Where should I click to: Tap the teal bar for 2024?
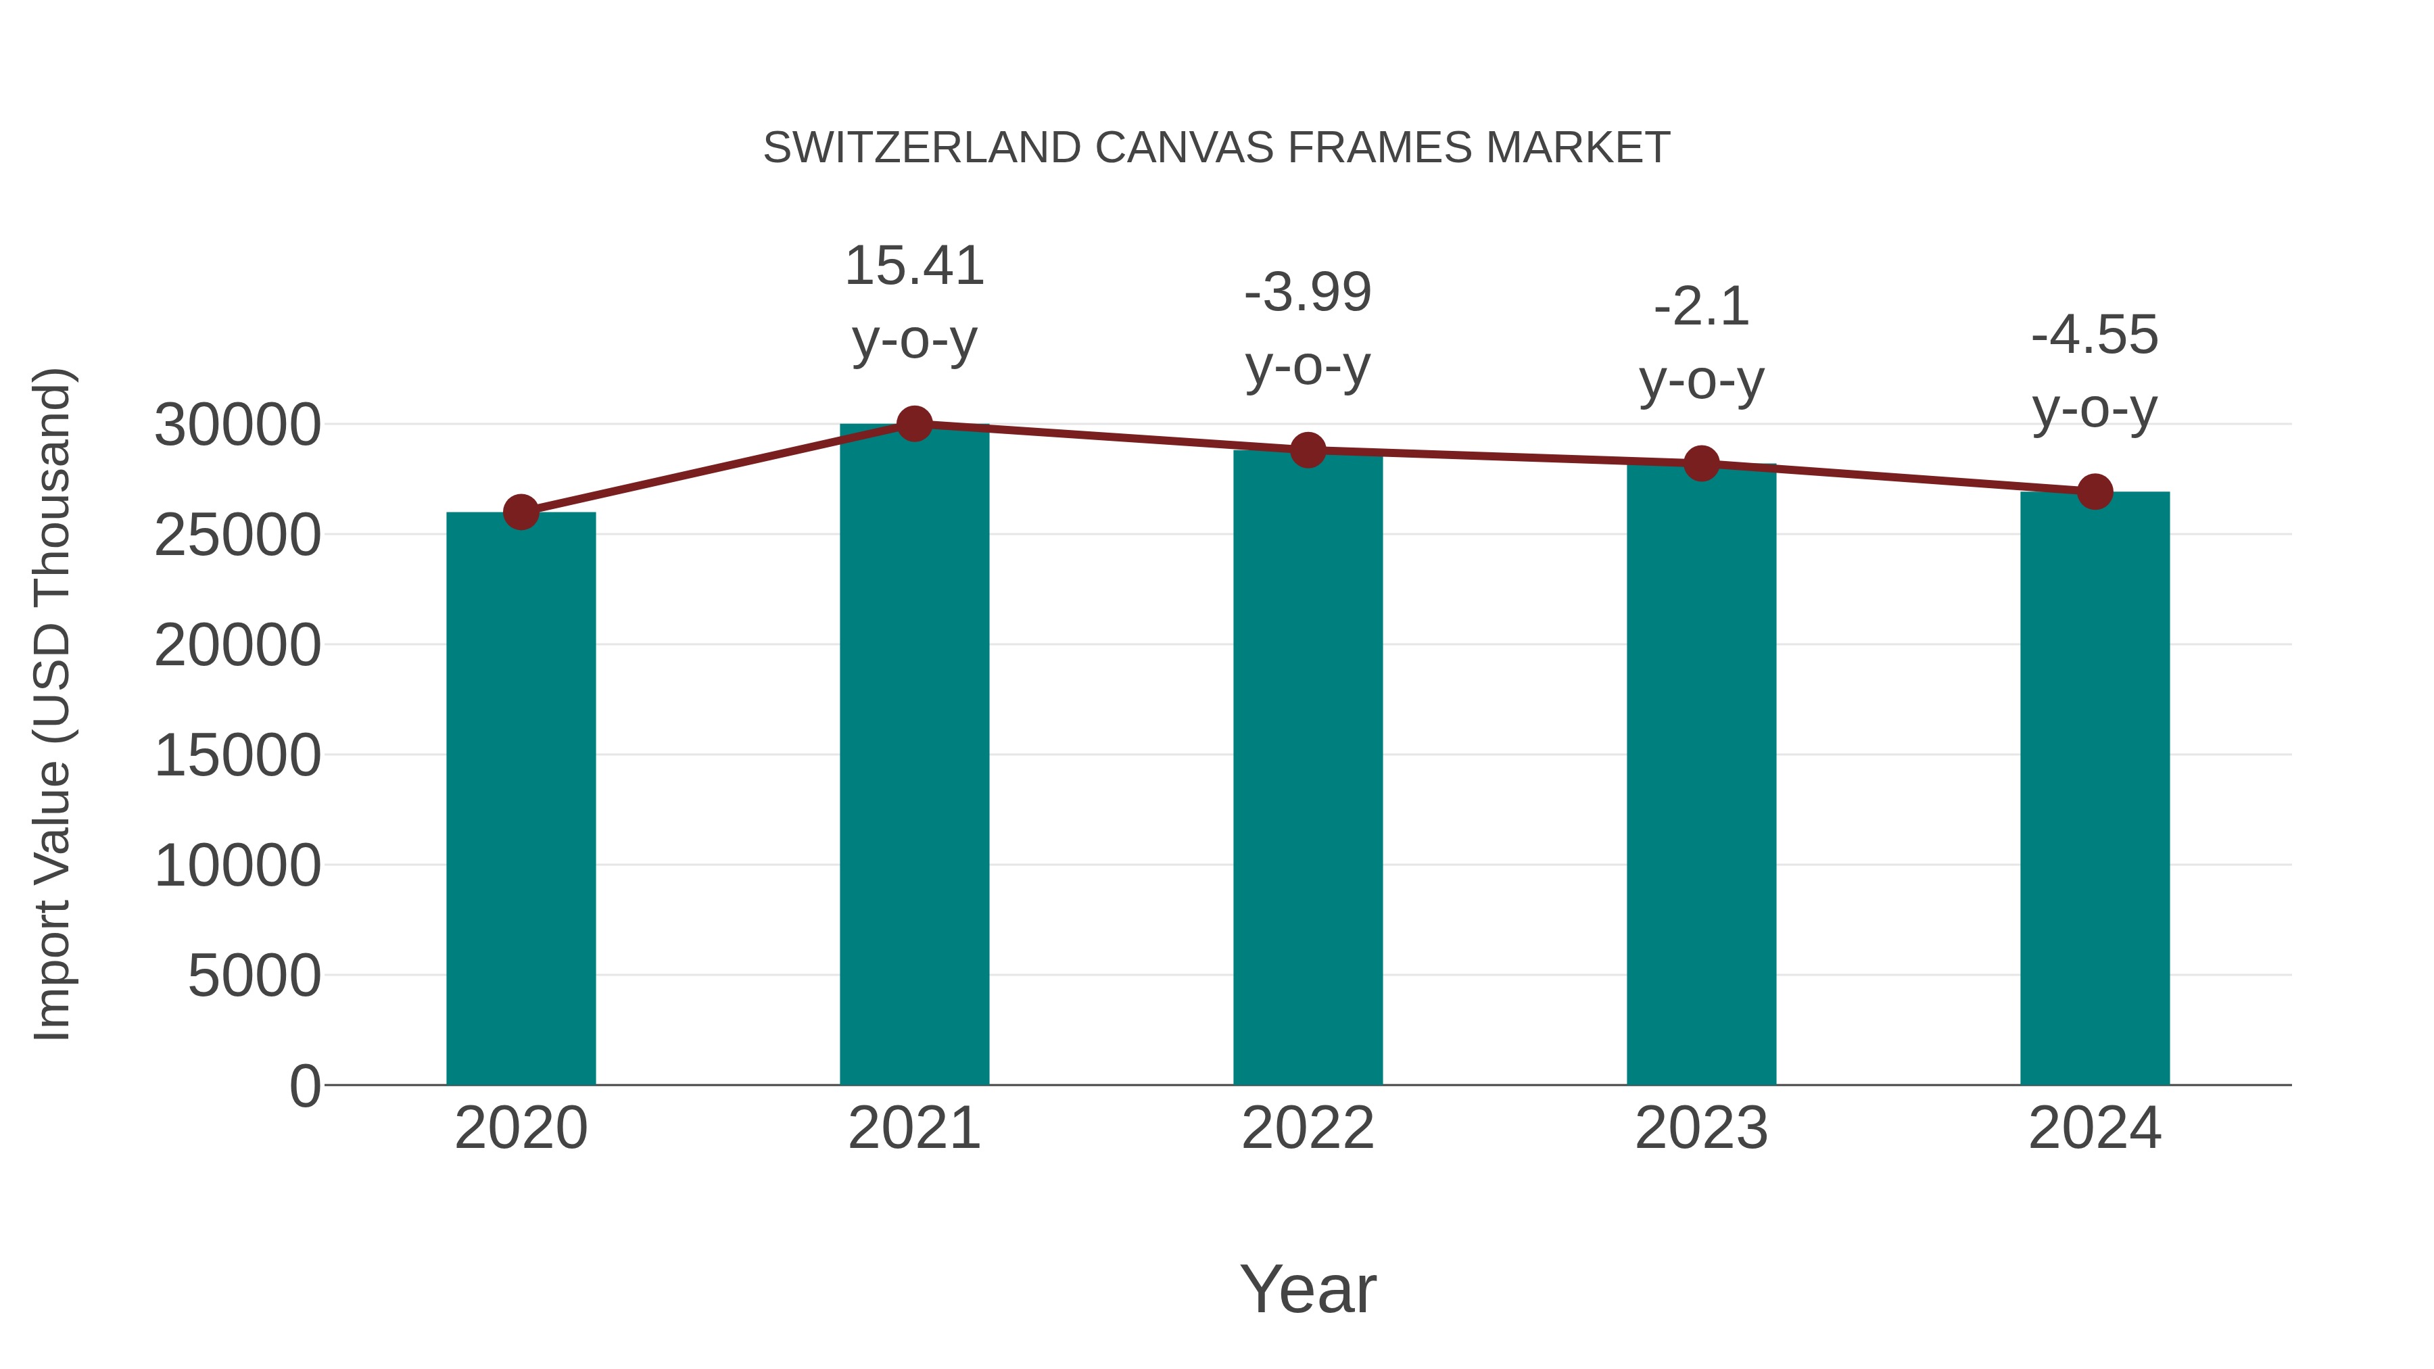(x=2095, y=788)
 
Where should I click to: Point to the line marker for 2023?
(x=1701, y=463)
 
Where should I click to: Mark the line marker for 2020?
(x=521, y=512)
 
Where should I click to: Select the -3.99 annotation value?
(x=1308, y=292)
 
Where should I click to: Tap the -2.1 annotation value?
(x=1701, y=307)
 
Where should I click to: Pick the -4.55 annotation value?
(x=2095, y=335)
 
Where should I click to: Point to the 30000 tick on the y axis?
(x=237, y=425)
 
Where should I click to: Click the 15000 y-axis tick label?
(x=237, y=756)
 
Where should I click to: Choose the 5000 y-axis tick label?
(x=254, y=976)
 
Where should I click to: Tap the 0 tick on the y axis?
(x=305, y=1086)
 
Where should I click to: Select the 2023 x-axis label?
(x=1701, y=1128)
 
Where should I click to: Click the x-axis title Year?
(x=1308, y=1289)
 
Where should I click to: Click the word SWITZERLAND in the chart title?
(x=922, y=148)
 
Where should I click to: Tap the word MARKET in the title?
(x=1577, y=148)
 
